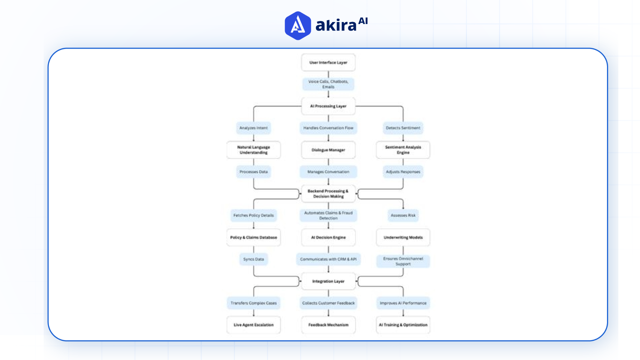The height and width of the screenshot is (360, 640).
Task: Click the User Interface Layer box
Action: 328,63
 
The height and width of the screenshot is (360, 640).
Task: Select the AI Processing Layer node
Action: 328,106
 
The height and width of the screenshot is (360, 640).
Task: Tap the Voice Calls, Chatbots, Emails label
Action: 328,84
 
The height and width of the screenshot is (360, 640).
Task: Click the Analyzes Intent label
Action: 253,128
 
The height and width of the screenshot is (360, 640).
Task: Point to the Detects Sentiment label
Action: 403,128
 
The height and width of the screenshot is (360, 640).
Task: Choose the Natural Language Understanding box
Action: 253,150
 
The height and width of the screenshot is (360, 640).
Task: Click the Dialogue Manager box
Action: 328,150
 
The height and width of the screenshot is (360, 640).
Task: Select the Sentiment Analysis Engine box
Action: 403,150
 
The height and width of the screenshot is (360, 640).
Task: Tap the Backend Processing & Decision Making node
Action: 328,194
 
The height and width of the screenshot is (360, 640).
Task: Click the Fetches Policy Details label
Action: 253,216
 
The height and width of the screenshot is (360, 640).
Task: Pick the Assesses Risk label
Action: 403,216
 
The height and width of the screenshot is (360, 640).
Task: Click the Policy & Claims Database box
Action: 253,238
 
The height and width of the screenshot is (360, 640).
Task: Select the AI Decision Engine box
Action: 328,238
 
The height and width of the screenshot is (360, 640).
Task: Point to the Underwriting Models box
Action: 403,238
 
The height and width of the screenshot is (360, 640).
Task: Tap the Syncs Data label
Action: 253,259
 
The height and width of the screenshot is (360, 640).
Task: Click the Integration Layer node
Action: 328,281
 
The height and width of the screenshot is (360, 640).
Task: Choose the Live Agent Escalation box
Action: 253,325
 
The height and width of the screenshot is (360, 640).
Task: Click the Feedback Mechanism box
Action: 328,325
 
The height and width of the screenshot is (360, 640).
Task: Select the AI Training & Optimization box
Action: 403,325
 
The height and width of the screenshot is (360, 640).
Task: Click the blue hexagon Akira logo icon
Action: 298,26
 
